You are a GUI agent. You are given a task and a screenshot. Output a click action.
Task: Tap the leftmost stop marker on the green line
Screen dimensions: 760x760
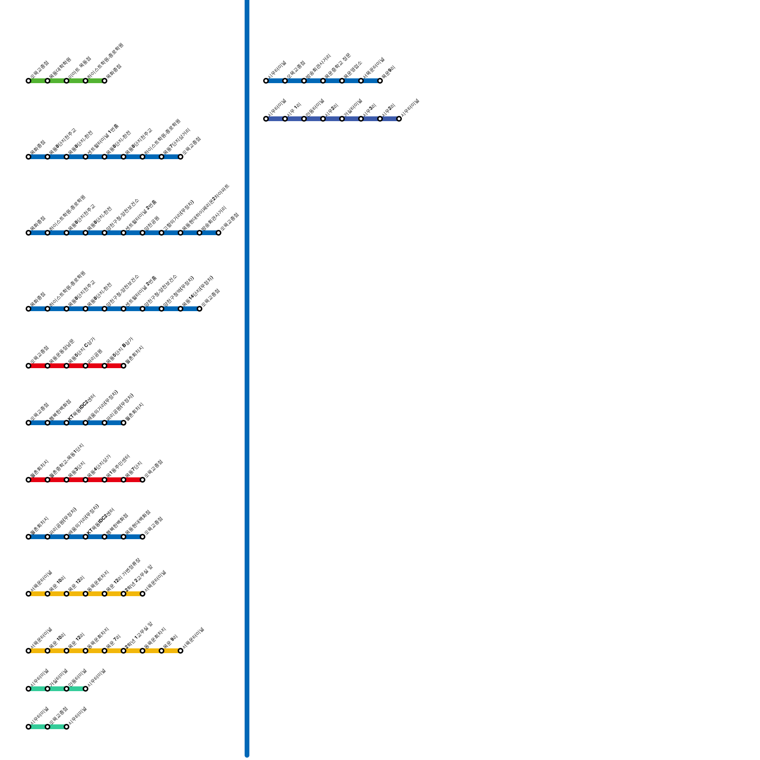coord(28,81)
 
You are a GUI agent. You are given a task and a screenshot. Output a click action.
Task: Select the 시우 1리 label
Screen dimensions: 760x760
coord(294,110)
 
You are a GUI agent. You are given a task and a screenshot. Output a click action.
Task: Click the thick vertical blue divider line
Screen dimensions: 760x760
coord(247,380)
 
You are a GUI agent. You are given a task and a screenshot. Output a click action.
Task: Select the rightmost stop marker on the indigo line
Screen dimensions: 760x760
coord(399,119)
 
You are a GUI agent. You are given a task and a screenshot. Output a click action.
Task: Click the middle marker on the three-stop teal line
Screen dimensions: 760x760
coord(47,727)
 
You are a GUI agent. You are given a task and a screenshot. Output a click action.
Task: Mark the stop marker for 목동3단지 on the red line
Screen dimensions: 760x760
coord(66,480)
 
